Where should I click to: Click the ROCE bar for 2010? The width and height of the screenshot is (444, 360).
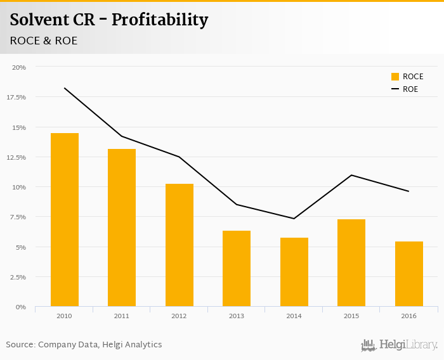(64, 220)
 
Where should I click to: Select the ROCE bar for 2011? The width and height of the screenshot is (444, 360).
(122, 228)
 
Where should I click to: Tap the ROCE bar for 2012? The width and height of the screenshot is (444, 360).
(179, 245)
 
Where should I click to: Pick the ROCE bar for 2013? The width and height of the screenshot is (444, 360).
(237, 269)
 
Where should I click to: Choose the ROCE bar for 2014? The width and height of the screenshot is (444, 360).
(294, 272)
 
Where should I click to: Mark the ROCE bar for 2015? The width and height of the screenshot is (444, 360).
(351, 263)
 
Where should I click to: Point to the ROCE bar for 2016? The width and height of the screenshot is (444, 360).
(408, 274)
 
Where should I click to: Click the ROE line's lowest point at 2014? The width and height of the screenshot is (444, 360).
(294, 219)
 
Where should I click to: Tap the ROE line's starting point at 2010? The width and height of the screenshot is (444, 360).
(64, 88)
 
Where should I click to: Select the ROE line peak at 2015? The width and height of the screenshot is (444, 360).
(351, 175)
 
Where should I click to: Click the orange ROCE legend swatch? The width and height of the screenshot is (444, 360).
(395, 77)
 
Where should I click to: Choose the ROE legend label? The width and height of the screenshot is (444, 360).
(410, 89)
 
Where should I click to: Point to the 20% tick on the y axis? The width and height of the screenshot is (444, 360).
(19, 67)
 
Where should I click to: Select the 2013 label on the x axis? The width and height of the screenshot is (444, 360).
(237, 316)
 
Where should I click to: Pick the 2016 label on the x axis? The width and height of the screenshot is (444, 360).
(408, 316)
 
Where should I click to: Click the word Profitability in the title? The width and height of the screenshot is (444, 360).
(160, 20)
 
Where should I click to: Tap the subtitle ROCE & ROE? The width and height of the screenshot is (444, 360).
(43, 41)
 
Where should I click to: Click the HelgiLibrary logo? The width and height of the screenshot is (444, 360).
(399, 345)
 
